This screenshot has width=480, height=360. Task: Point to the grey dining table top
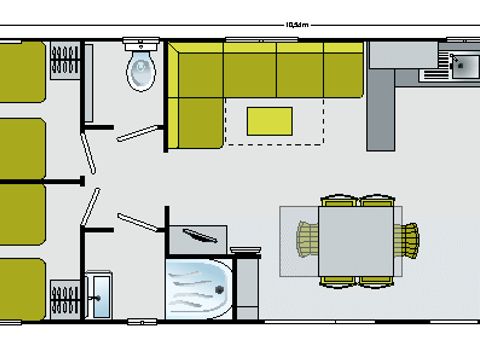(358, 239)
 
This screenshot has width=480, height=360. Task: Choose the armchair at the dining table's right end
(407, 239)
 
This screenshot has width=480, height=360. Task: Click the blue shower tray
(199, 283)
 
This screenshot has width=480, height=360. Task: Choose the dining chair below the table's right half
(377, 279)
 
